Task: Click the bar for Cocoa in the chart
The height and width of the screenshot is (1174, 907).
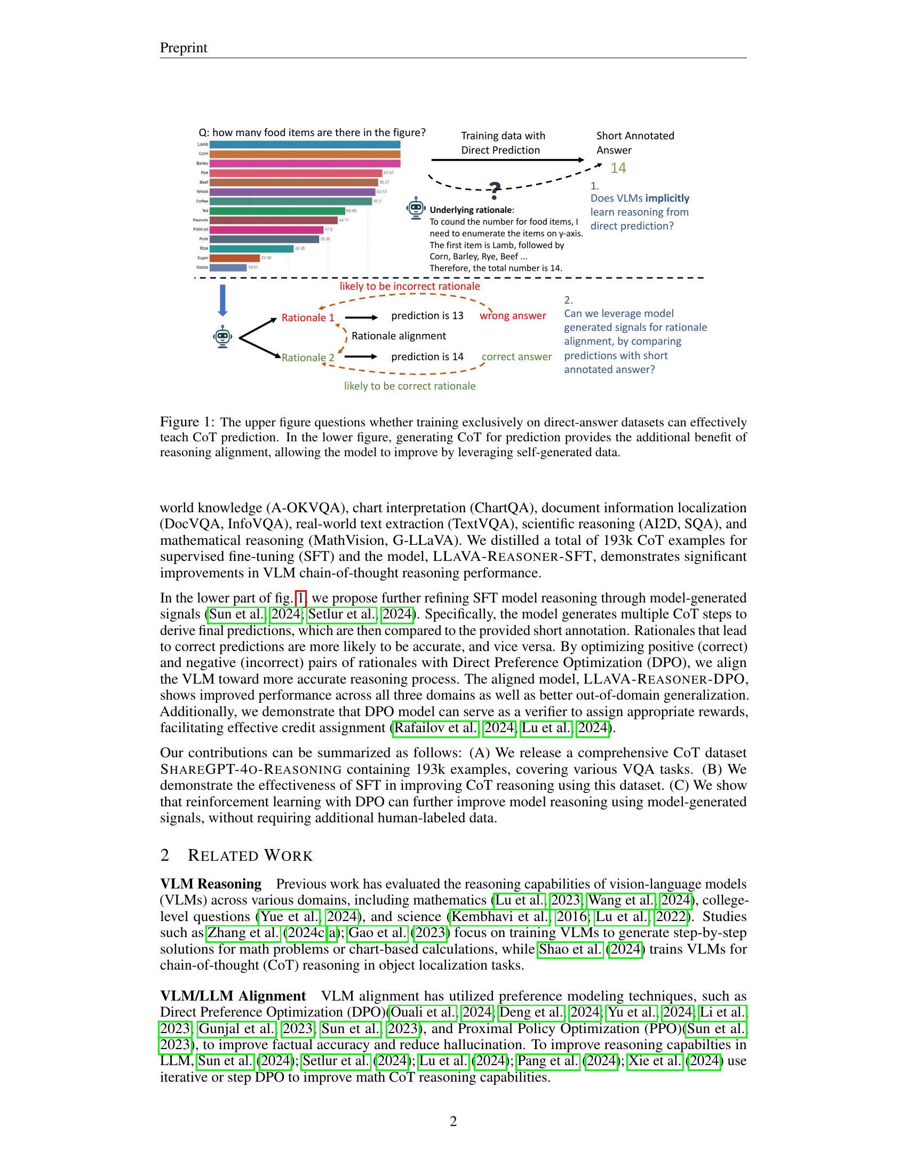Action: pos(228,267)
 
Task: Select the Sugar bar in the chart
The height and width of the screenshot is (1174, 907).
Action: pos(234,258)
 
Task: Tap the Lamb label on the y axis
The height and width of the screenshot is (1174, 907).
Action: pos(203,144)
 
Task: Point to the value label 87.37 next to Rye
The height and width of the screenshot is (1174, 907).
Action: pos(388,172)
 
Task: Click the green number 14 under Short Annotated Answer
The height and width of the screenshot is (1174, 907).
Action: pos(618,168)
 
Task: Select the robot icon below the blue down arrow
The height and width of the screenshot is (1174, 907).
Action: pos(222,337)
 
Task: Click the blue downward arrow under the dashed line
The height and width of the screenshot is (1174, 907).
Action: pos(222,300)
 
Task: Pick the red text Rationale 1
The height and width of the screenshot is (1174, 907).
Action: pos(308,318)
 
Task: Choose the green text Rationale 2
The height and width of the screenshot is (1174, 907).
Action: pos(308,358)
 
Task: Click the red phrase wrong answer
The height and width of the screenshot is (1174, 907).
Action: pos(513,315)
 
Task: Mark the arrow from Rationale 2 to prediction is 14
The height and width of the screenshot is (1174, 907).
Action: pos(361,356)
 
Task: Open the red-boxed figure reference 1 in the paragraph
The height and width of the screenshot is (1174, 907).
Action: pos(301,598)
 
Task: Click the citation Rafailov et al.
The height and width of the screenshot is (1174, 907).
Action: pos(436,728)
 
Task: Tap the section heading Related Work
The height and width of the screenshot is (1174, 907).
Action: pos(250,856)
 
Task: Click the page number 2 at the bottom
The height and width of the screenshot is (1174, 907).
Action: pos(453,1121)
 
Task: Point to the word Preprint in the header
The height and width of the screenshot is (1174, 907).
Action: pos(183,48)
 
